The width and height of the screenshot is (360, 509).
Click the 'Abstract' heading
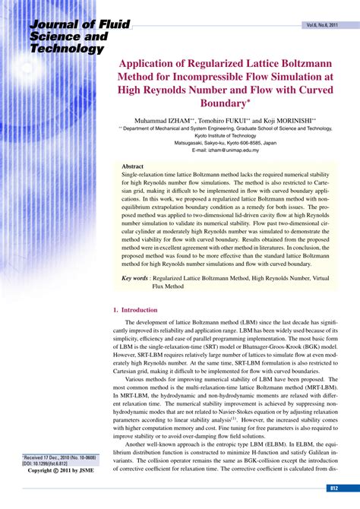pyautogui.click(x=133, y=166)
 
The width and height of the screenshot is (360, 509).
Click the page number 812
pyautogui.click(x=333, y=488)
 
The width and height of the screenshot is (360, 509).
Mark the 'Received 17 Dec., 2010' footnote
pyautogui.click(x=53, y=457)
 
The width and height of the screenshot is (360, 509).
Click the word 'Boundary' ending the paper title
pyautogui.click(x=226, y=102)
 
